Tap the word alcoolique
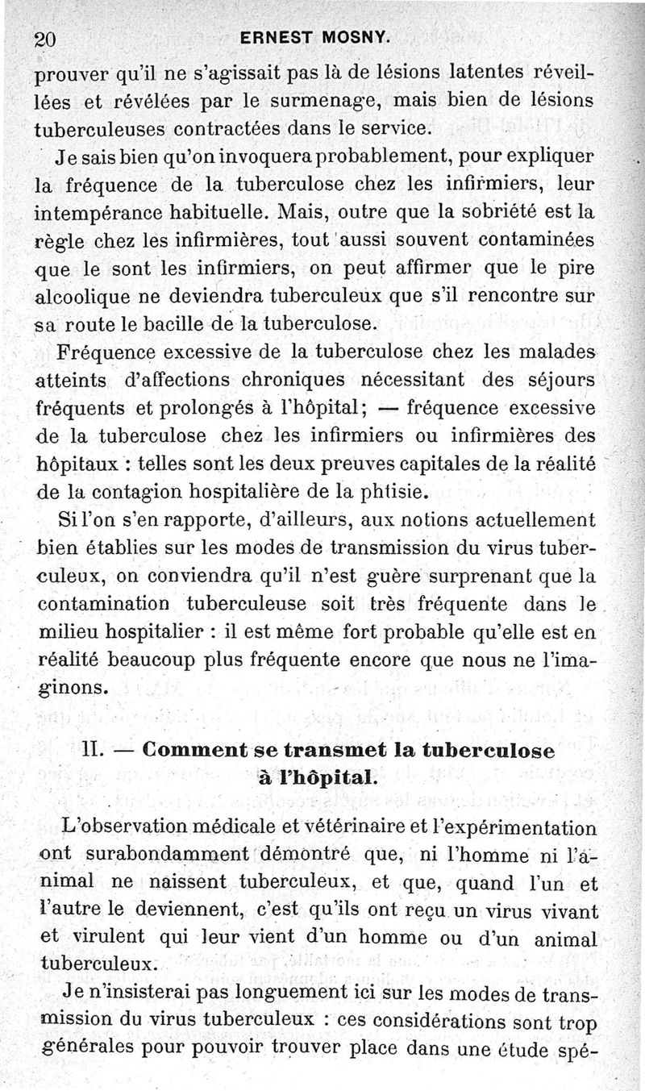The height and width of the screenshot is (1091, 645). coord(82,296)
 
